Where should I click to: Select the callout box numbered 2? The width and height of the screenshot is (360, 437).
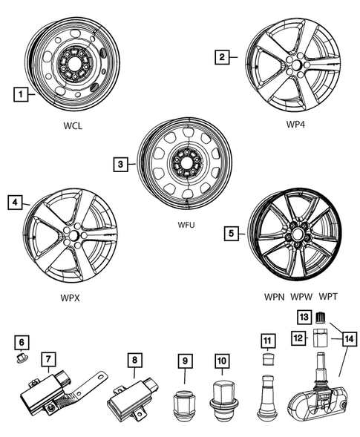point(220,55)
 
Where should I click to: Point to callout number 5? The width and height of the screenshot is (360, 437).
point(232,233)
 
